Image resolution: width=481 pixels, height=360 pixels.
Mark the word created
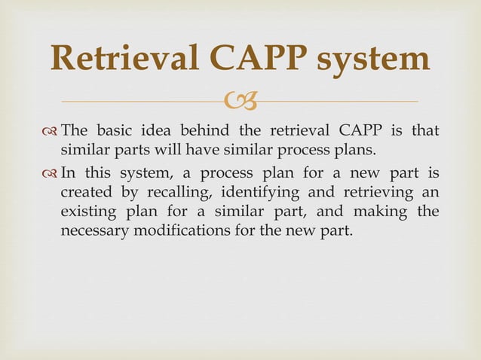point(85,193)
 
